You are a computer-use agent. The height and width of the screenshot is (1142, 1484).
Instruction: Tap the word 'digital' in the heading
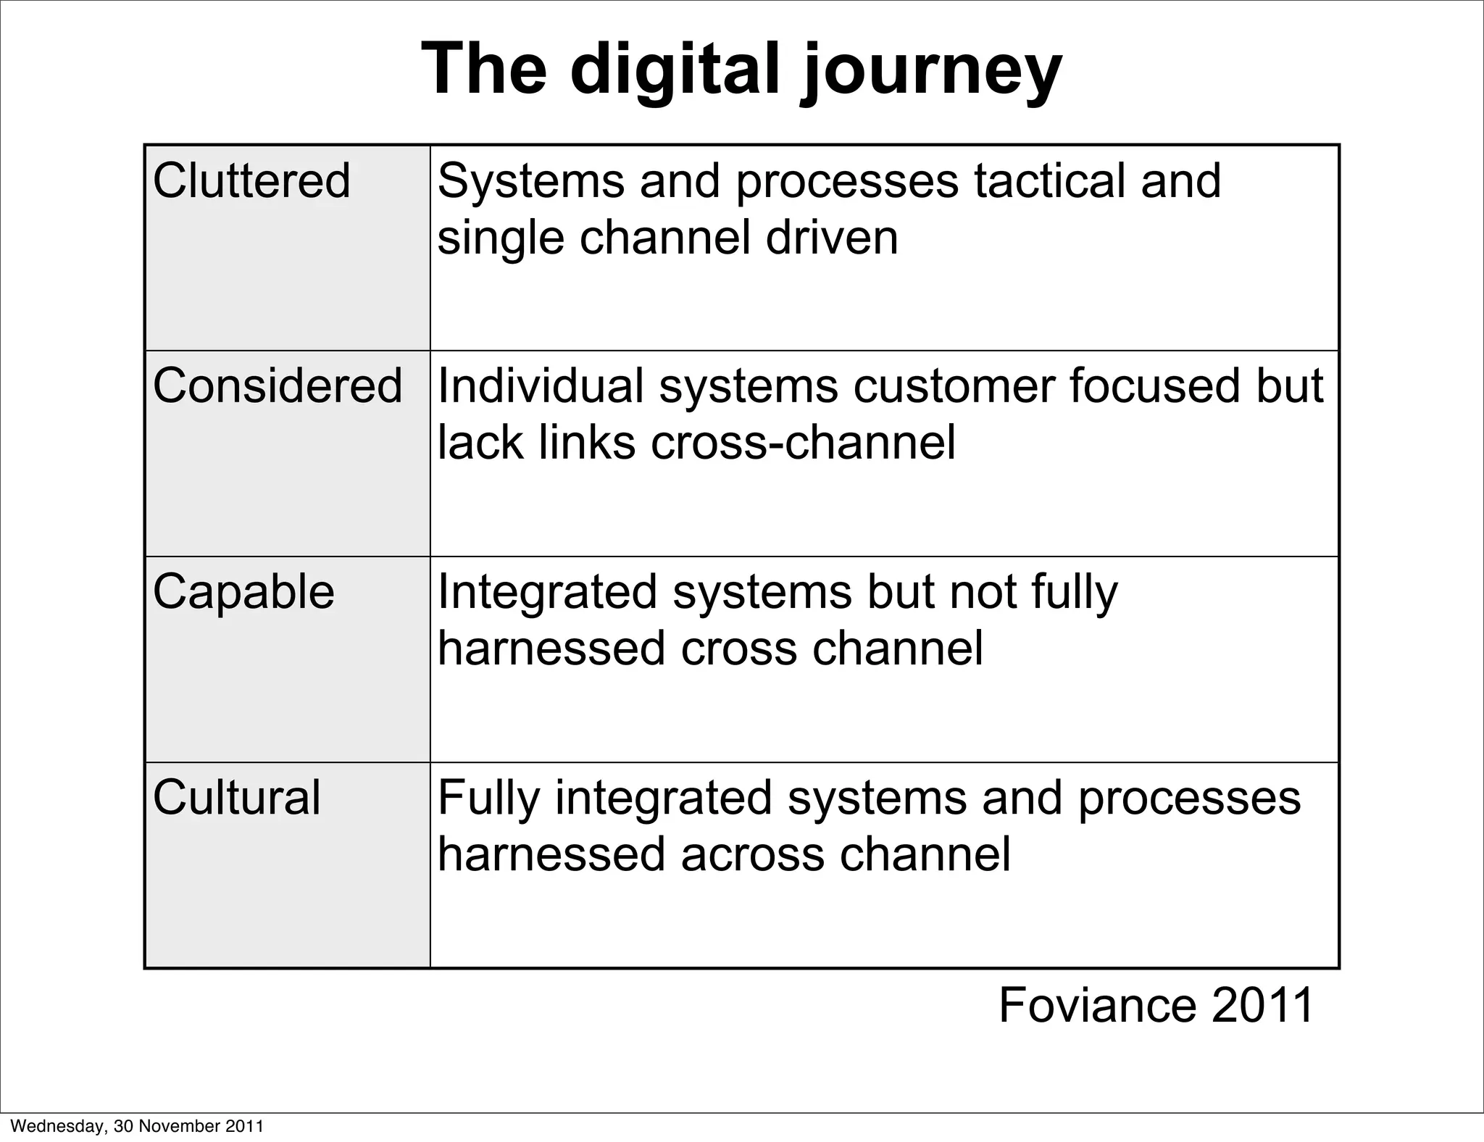[x=675, y=71]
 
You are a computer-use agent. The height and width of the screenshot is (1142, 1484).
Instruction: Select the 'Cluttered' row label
[x=251, y=180]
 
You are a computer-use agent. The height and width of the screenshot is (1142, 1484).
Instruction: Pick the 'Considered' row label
[x=278, y=385]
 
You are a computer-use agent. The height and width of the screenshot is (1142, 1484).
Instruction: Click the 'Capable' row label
[x=243, y=591]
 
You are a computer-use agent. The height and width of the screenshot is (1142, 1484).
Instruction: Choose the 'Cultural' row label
[x=236, y=798]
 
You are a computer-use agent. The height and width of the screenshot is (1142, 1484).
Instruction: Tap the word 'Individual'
[x=541, y=385]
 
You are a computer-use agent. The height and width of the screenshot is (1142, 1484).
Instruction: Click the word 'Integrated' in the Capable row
[x=547, y=591]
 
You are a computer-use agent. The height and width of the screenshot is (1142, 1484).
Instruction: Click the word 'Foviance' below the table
[x=1097, y=1005]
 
